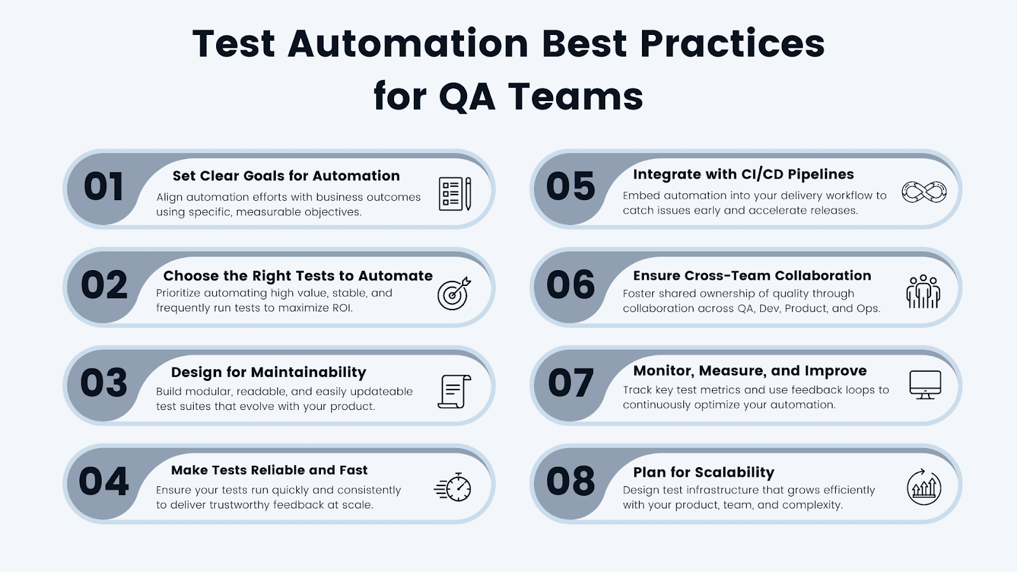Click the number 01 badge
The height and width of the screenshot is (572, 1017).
pos(104,187)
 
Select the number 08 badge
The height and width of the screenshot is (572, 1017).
pos(570,482)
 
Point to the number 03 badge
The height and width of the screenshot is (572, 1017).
pos(104,383)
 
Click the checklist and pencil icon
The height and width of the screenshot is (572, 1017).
pos(455,194)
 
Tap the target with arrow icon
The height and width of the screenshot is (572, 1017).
pos(454,293)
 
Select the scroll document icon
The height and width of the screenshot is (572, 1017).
pos(454,391)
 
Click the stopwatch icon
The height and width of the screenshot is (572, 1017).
pos(454,487)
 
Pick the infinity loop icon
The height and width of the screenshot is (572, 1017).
pos(924,192)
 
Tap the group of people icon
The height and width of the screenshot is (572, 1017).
pos(923,292)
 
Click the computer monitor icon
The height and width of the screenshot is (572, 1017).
pos(925,385)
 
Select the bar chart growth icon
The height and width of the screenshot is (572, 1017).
pos(924,487)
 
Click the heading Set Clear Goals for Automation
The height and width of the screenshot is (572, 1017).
pos(286,176)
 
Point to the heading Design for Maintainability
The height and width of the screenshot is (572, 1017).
pos(268,372)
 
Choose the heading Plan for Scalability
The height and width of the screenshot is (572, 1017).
pos(704,472)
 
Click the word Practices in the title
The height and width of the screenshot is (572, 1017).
pos(732,44)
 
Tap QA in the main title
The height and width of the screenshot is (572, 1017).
pos(467,97)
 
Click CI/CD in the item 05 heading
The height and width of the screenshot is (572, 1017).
pos(762,175)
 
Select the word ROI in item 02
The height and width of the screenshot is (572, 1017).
pos(341,308)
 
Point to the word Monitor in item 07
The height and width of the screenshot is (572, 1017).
pos(662,371)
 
